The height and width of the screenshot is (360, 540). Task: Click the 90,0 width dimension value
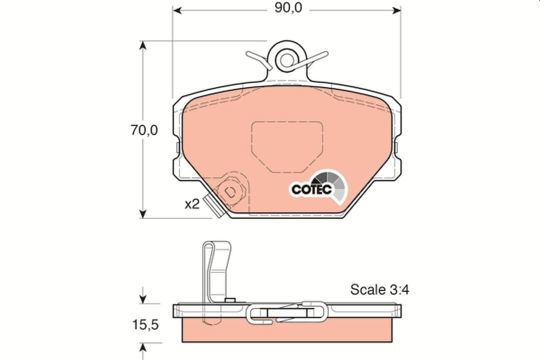coord(287,8)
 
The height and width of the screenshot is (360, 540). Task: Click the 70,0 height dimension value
coord(144,130)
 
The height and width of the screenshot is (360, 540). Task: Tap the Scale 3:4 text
coord(379,289)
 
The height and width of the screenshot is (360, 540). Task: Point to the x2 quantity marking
coord(192,204)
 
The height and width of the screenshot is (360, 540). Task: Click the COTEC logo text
coord(311,189)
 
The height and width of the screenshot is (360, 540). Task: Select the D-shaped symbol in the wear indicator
coord(230,191)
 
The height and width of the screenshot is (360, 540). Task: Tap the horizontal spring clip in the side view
coord(287,312)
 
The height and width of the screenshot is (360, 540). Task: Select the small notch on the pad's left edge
coord(177,147)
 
